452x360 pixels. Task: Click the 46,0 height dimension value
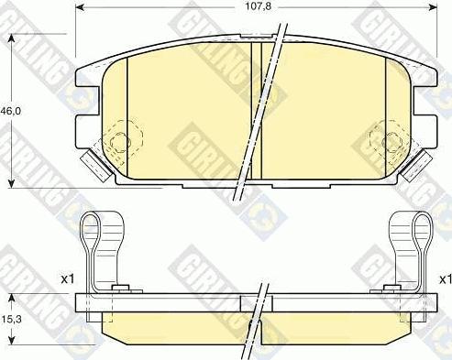point(11,111)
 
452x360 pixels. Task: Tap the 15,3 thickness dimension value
point(11,320)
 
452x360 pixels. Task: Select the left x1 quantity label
point(68,278)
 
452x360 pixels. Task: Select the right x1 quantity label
point(445,278)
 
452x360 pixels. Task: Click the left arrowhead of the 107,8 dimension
point(80,7)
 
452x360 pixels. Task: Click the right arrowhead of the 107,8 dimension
point(433,7)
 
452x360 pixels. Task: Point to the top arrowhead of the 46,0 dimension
point(11,38)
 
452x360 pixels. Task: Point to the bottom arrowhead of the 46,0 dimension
point(11,183)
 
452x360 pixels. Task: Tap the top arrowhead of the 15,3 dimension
point(11,299)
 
